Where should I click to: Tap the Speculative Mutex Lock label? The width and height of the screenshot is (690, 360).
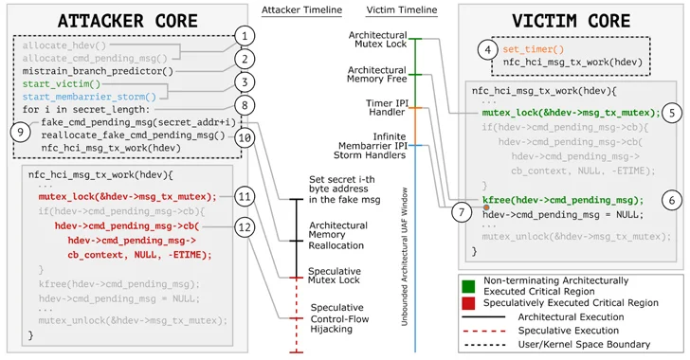[340, 276]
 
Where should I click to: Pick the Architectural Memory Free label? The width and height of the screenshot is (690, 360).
[376, 76]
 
